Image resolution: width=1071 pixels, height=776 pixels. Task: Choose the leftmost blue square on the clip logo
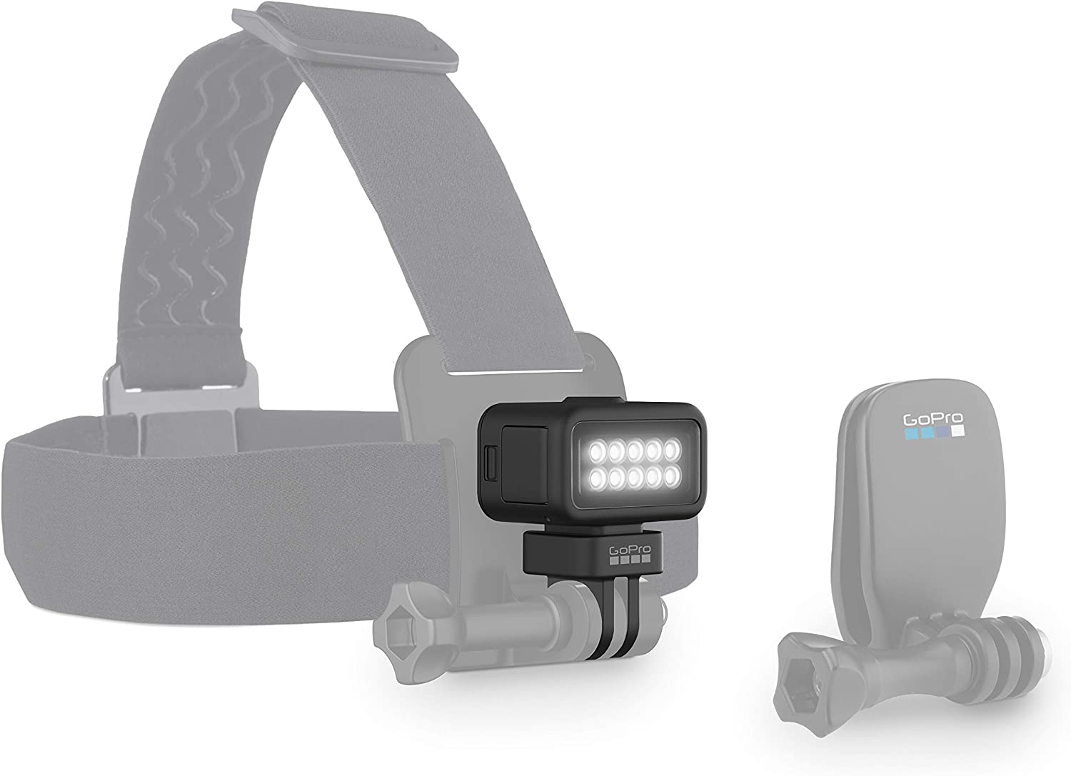point(909,433)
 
